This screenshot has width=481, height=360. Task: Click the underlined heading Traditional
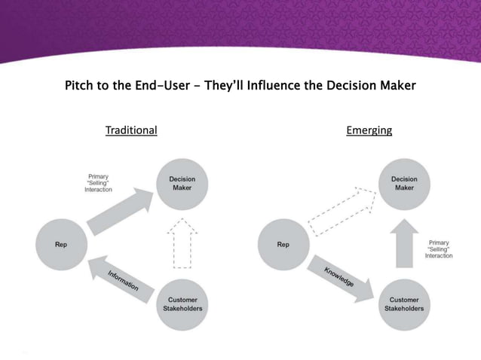coord(131,130)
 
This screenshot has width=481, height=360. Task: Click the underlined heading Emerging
coord(369,130)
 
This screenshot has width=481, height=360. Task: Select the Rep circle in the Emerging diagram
coord(283,243)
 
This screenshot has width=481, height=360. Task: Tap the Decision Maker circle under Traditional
coord(182,183)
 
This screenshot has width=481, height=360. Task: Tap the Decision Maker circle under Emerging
coord(404,183)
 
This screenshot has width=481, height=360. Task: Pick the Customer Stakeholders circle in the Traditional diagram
coord(182,304)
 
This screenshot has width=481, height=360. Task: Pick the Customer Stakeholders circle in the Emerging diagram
coord(404,304)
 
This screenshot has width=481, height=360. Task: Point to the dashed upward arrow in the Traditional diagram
coord(182,242)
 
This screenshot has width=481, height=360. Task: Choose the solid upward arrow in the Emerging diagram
coord(404,243)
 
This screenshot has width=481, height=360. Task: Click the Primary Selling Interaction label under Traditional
coord(98,183)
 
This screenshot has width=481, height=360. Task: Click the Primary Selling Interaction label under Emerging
coord(439,249)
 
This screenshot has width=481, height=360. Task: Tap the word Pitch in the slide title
coord(81,85)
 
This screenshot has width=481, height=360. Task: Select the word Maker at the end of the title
coord(395,85)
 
